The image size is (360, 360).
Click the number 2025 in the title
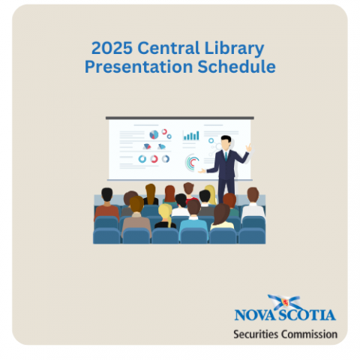(112, 48)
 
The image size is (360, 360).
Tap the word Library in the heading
(234, 49)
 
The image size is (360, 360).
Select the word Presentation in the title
(139, 67)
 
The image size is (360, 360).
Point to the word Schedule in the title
(236, 67)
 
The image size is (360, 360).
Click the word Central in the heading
(169, 48)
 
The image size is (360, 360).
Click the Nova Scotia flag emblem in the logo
(285, 302)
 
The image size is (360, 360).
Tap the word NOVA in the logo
(256, 315)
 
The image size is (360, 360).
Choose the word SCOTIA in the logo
(307, 315)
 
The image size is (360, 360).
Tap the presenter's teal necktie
(226, 156)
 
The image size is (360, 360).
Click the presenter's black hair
(226, 139)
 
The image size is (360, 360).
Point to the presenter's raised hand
(249, 148)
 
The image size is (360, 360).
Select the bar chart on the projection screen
(191, 136)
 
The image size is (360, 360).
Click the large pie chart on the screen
(154, 135)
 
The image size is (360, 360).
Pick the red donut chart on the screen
(154, 159)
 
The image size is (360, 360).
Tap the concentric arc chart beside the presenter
(191, 163)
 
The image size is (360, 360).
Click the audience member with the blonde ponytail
(165, 216)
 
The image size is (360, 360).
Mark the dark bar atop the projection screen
(180, 118)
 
